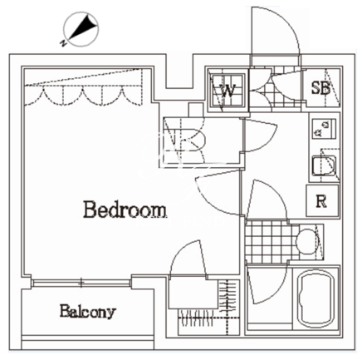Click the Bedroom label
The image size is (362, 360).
coord(125,210)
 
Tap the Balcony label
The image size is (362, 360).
coord(87,312)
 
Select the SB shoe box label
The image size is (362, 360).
coord(320,88)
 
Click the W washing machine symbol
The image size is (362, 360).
coord(227,90)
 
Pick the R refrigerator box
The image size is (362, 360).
coord(322,200)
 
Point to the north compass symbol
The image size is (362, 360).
coord(81,29)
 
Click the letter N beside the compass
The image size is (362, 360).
coord(63,43)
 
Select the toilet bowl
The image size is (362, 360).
coord(307,241)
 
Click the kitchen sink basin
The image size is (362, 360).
coord(324,165)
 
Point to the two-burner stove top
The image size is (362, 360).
coord(324,128)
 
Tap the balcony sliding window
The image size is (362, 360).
coord(81,283)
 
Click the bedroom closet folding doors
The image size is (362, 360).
coord(83,96)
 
